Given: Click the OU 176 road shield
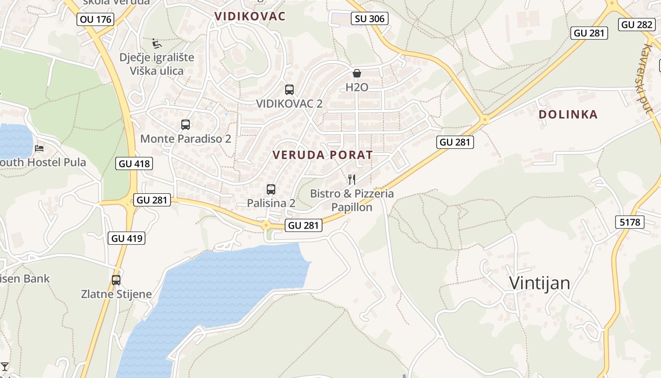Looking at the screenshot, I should pos(96,19).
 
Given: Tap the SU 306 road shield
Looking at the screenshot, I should pos(369,18).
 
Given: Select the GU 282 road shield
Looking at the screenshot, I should pos(637,25).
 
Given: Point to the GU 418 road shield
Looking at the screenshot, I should pos(134,163).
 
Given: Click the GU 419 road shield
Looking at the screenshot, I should pos(127,238).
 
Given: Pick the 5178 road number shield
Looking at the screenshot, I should pos(630,222).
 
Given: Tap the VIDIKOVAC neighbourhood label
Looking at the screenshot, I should pos(250,17).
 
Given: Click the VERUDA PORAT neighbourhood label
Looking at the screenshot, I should pos(322,155).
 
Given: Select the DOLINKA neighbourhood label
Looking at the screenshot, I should pos(568,114).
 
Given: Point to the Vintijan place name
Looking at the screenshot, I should pos(539,283).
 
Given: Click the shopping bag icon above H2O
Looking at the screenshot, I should pos(357,73).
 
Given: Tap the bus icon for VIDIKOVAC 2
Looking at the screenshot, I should pos(289,89).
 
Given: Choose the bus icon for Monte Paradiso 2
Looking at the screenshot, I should pos(186,125).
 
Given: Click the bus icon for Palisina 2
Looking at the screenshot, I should pos(271,189).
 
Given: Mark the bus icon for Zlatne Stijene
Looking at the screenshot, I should pos(116,280).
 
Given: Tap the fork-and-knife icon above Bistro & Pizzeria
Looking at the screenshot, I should pos(352,179).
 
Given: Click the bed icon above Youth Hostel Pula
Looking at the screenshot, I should pos(40,148).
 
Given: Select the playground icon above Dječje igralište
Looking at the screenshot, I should pos(157,44).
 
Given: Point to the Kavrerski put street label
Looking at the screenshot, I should pos(647,78).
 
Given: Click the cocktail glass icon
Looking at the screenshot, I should pos(5,366).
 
